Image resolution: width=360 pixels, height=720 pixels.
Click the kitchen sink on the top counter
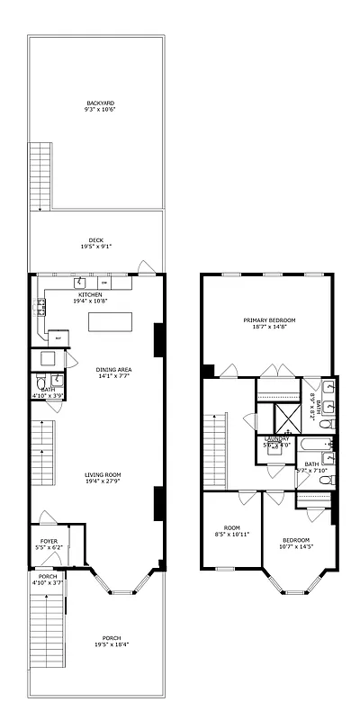click(79, 282)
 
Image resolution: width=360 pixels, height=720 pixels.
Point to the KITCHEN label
click(90, 294)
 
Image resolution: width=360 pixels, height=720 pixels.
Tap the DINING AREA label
click(113, 370)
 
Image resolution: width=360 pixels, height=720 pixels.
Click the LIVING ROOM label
click(103, 474)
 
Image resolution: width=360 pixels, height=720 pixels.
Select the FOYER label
click(49, 541)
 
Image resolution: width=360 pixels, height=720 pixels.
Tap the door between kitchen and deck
click(144, 266)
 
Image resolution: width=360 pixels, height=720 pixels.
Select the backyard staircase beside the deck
click(40, 176)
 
